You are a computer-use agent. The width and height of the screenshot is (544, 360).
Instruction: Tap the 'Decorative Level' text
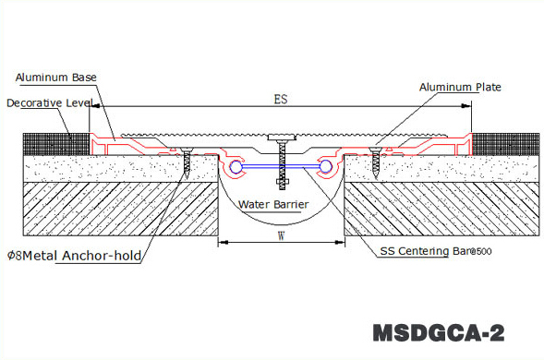pyautogui.click(x=47, y=103)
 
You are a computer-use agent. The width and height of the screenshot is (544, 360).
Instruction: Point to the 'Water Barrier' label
pyautogui.click(x=273, y=204)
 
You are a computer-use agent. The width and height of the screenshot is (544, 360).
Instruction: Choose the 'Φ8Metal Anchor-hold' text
pyautogui.click(x=75, y=256)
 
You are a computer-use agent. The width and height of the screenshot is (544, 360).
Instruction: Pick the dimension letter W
pyautogui.click(x=281, y=234)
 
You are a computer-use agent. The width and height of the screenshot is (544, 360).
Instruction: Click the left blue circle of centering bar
pyautogui.click(x=238, y=167)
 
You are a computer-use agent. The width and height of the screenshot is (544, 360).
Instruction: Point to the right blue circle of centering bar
pyautogui.click(x=325, y=167)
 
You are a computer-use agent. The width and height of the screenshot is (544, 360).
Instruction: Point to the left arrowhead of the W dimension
pyautogui.click(x=221, y=244)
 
